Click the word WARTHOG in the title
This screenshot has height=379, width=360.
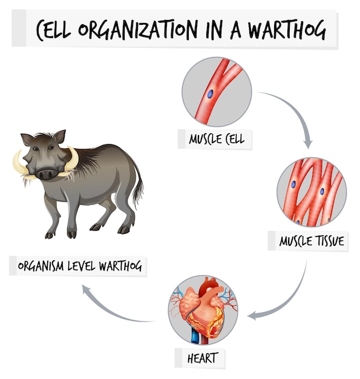287,30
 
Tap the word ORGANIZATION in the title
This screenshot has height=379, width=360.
138,30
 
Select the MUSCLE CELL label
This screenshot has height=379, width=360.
217,139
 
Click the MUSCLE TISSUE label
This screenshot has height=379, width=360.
312,241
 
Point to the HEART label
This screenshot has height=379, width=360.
203,358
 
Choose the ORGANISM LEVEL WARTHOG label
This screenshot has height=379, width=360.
80,266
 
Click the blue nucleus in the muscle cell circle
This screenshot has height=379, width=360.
210,94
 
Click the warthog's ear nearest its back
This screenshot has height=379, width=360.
59,136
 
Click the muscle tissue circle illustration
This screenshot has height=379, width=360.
312,192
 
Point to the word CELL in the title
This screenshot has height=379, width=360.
54,30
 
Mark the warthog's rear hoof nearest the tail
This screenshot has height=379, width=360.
123,229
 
